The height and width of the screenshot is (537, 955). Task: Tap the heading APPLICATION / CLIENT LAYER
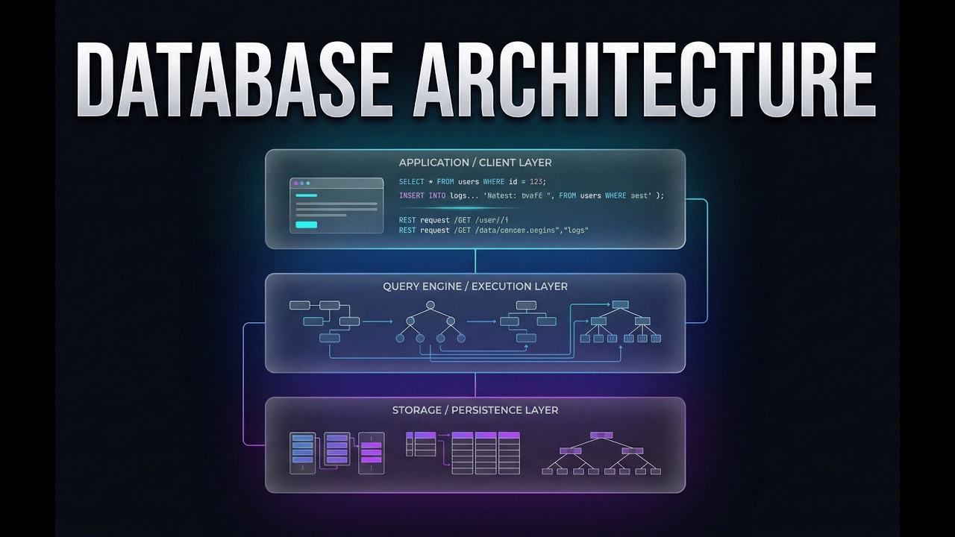475,163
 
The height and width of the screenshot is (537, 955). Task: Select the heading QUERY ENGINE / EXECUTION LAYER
475,286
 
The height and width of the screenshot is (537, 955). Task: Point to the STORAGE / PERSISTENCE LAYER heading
475,410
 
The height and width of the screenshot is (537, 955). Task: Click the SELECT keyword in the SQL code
411,182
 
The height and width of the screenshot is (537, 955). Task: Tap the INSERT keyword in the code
412,195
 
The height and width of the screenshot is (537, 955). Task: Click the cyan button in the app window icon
306,224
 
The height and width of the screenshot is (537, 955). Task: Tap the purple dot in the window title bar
295,183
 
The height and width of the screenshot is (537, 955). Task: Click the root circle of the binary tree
430,305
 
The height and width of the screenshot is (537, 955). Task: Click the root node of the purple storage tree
601,435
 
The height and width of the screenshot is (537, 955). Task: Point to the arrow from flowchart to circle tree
378,321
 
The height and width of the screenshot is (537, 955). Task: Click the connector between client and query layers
475,261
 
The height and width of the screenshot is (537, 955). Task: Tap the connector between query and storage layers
475,384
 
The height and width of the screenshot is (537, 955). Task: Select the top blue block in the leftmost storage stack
302,438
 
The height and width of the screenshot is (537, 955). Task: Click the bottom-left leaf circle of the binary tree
400,339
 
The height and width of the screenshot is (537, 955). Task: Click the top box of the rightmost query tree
621,304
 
